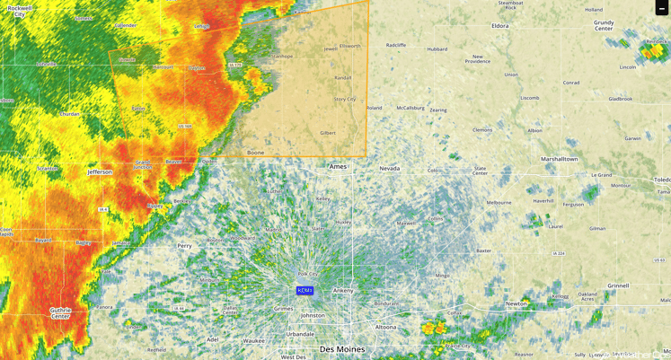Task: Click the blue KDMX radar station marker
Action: click(x=305, y=291)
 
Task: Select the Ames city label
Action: click(x=338, y=167)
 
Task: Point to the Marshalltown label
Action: click(x=559, y=159)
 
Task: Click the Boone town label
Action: click(x=256, y=153)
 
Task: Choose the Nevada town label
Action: click(x=389, y=168)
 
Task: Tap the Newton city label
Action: click(x=516, y=303)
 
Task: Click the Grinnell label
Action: click(x=617, y=285)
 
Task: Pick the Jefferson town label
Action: click(x=100, y=171)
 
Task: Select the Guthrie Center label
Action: click(x=60, y=313)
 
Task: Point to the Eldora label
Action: click(x=500, y=26)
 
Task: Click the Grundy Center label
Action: click(x=604, y=24)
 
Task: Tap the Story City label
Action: click(x=345, y=99)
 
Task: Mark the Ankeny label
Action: click(x=342, y=291)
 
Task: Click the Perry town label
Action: click(x=185, y=245)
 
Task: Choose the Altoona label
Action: click(x=385, y=328)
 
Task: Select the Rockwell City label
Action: click(x=20, y=11)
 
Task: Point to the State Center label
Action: click(x=481, y=170)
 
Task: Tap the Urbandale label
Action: click(x=300, y=334)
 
